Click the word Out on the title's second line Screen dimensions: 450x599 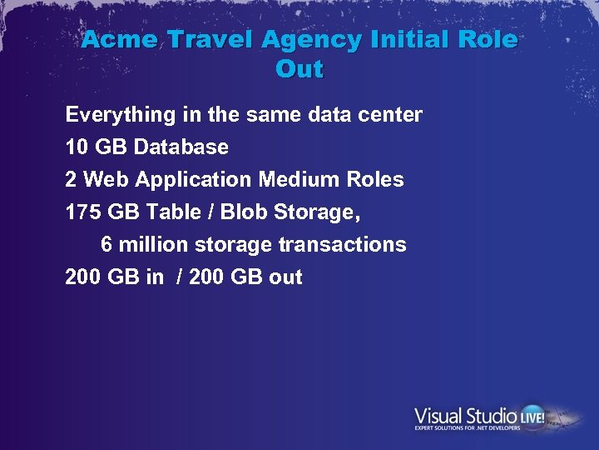(299, 70)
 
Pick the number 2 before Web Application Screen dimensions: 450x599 (72, 180)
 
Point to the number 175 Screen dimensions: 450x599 (83, 212)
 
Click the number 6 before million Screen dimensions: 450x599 (106, 245)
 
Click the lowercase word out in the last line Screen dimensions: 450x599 (285, 277)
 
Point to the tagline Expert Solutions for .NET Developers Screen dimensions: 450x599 (468, 428)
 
